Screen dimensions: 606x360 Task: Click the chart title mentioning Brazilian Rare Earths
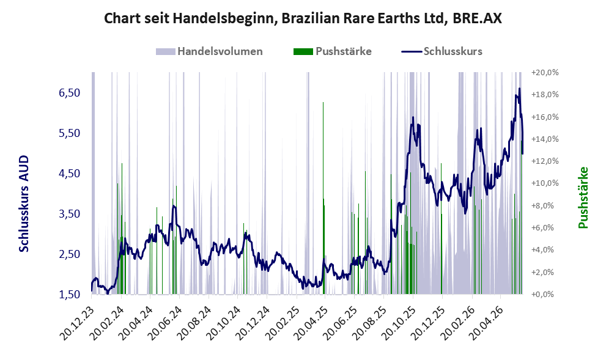pyautogui.click(x=303, y=18)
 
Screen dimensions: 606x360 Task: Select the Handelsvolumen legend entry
pyautogui.click(x=209, y=51)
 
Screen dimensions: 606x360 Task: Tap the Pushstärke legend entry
pyautogui.click(x=333, y=51)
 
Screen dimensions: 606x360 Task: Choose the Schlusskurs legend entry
pyautogui.click(x=442, y=51)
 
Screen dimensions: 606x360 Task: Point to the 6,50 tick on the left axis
pyautogui.click(x=69, y=93)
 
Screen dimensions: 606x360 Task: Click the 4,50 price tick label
pyautogui.click(x=69, y=174)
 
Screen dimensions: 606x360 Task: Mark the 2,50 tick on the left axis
pyautogui.click(x=69, y=254)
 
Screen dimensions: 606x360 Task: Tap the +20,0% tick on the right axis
pyautogui.click(x=545, y=73)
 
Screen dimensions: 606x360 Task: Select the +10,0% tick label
pyautogui.click(x=545, y=183)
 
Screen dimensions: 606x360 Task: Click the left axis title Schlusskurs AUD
pyautogui.click(x=24, y=204)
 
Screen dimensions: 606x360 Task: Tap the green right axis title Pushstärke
pyautogui.click(x=583, y=197)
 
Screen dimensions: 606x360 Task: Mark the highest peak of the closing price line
pyautogui.click(x=519, y=89)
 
